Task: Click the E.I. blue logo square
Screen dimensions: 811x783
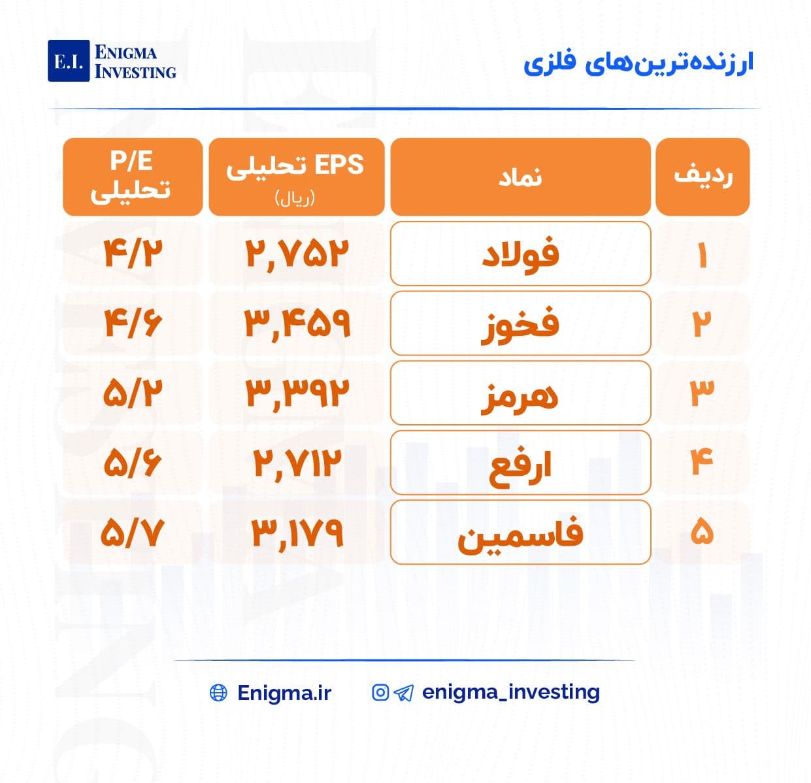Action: [x=69, y=60]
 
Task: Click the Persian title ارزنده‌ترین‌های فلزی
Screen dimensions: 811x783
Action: [x=638, y=64]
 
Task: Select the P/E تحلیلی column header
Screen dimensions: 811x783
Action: [x=133, y=176]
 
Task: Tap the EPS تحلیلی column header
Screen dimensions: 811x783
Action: [x=296, y=176]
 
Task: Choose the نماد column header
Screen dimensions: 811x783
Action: [x=521, y=176]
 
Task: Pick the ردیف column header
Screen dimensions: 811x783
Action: [x=703, y=176]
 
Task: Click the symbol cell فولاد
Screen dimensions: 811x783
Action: [x=521, y=254]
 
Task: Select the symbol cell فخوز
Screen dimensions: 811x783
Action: [x=521, y=323]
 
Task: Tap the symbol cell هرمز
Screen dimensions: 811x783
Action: [x=521, y=393]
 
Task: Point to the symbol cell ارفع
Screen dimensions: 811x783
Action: [x=521, y=462]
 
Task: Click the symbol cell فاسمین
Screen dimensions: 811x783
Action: [x=521, y=532]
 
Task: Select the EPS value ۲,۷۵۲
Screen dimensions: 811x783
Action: [x=297, y=254]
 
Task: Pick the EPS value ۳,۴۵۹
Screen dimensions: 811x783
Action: [x=297, y=324]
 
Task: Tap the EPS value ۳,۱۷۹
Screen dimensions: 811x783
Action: [x=297, y=533]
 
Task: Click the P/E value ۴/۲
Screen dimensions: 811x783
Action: [x=133, y=254]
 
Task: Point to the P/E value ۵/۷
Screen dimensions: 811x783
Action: [x=132, y=532]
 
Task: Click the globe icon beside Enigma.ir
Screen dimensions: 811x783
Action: [x=218, y=693]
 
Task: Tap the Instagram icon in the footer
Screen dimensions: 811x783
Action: [x=380, y=692]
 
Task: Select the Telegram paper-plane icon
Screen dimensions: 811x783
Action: [x=403, y=693]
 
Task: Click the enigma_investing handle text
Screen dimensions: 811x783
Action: [x=511, y=692]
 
